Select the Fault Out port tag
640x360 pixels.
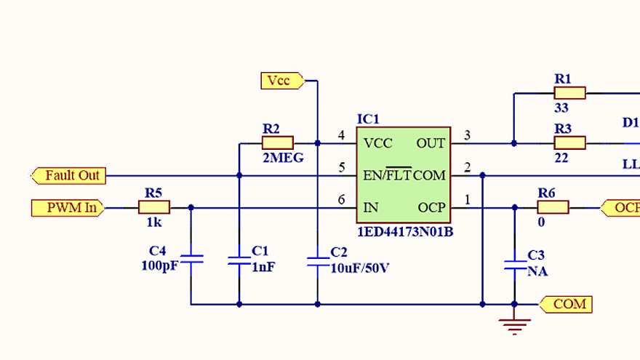[x=68, y=175]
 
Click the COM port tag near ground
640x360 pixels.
[x=567, y=304]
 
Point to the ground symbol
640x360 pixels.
[x=514, y=325]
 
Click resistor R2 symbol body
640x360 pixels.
[x=277, y=143]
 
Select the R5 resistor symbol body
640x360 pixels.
[x=153, y=208]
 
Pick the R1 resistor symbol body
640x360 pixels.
[x=569, y=93]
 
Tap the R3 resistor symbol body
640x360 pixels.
[x=569, y=143]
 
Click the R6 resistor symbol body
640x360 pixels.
[x=553, y=208]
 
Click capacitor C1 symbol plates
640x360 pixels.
[x=239, y=260]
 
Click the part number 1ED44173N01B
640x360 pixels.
[x=404, y=232]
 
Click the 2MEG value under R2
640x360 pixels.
[x=278, y=158]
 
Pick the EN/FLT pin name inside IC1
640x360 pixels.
[x=387, y=176]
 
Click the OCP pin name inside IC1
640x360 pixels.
[x=431, y=208]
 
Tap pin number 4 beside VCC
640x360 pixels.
[x=342, y=135]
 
